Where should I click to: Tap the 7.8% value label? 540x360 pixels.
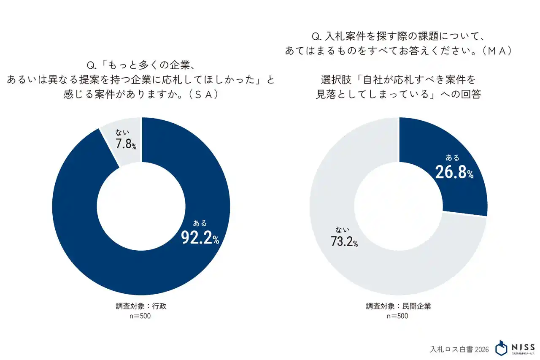pyautogui.click(x=126, y=144)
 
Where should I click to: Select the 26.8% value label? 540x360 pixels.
pyautogui.click(x=454, y=172)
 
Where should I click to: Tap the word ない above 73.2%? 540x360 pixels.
pyautogui.click(x=342, y=230)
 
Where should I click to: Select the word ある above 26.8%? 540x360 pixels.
pyautogui.click(x=452, y=158)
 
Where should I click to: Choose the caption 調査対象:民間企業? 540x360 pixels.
pyautogui.click(x=399, y=306)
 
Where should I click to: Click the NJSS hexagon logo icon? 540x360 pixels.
pyautogui.click(x=501, y=348)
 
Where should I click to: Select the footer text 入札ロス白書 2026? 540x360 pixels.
pyautogui.click(x=459, y=349)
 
